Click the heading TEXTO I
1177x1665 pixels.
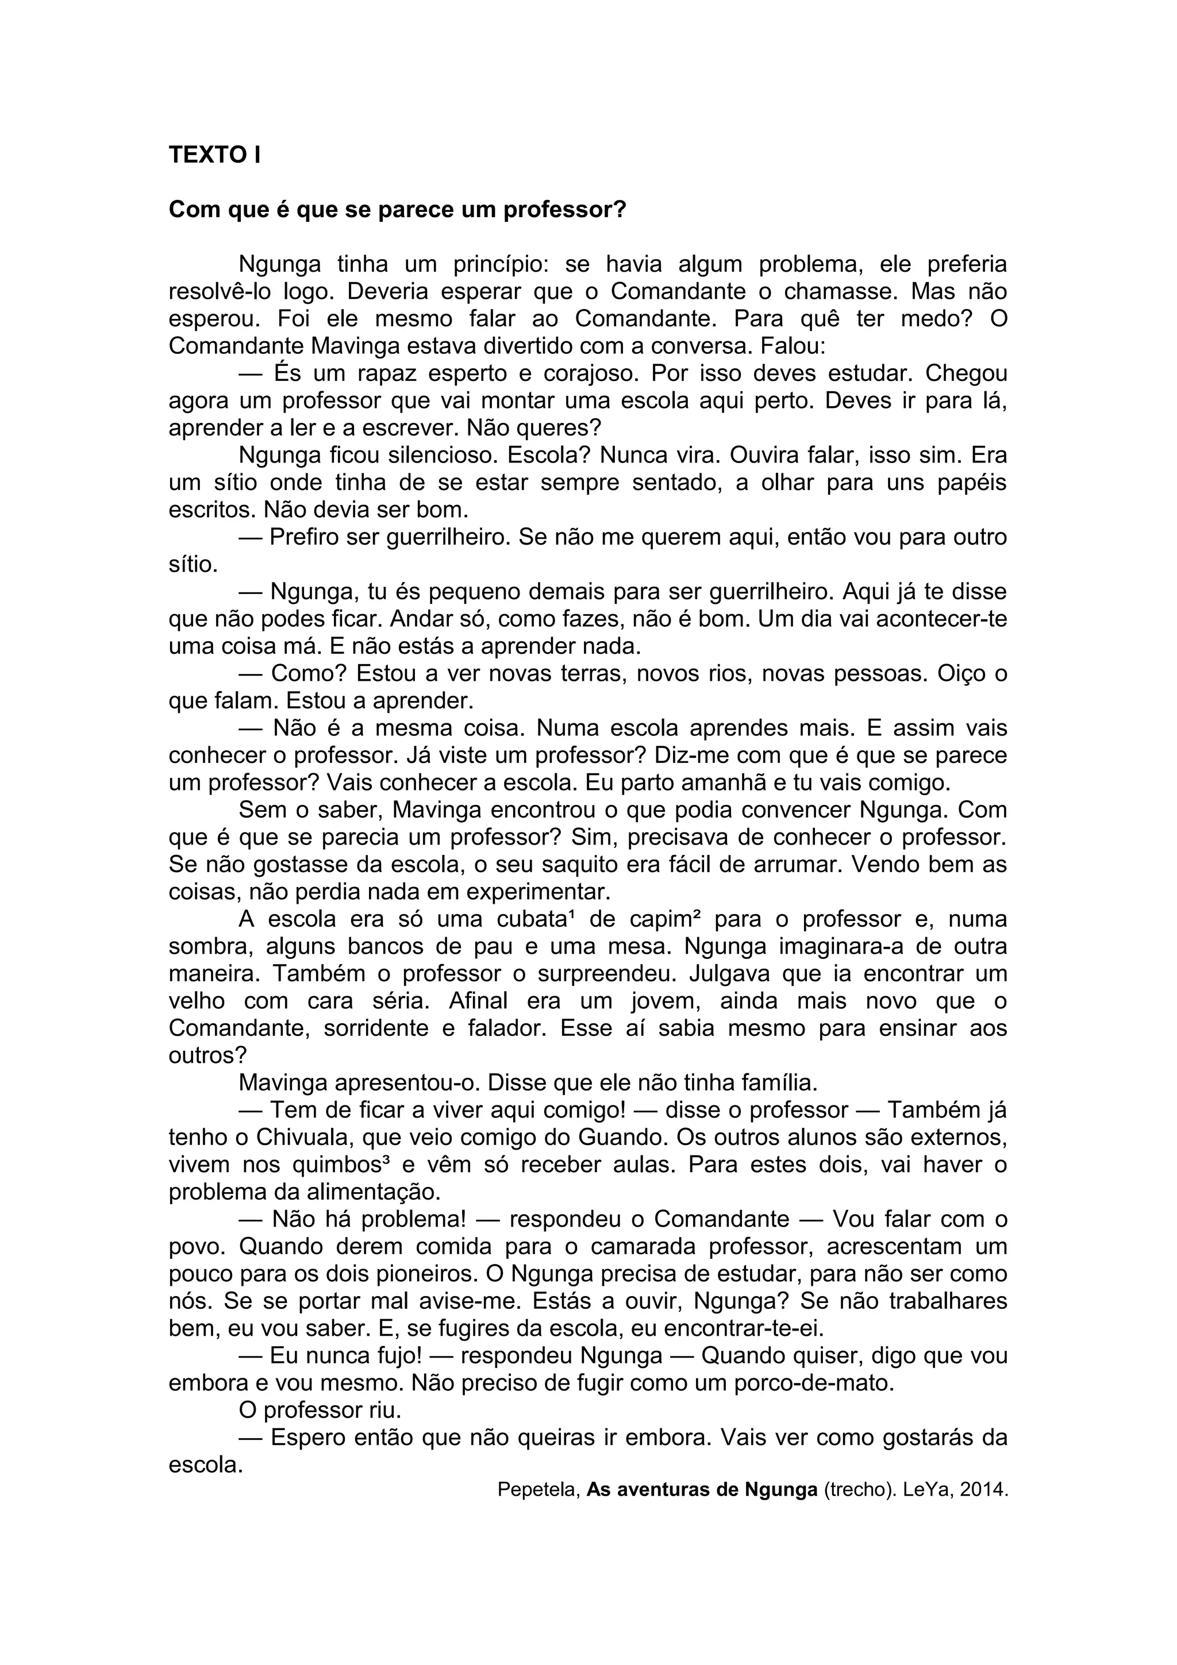click(x=215, y=155)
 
